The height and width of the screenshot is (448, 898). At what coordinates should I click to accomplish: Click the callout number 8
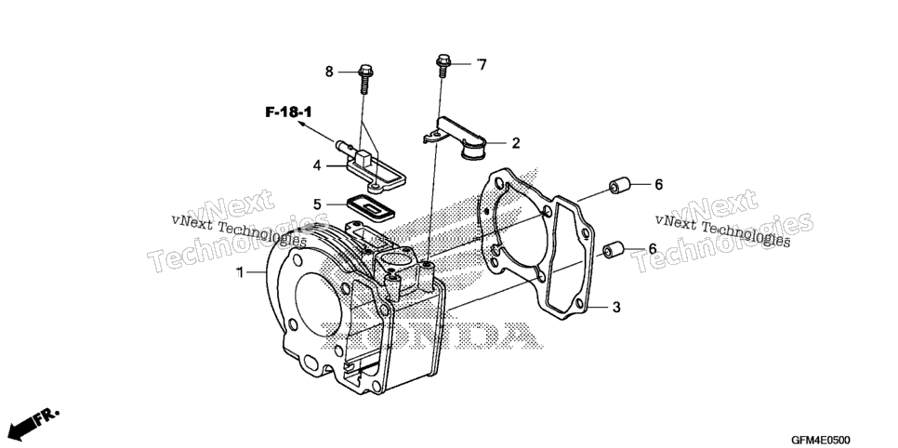(329, 72)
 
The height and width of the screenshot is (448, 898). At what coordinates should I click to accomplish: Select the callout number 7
(482, 65)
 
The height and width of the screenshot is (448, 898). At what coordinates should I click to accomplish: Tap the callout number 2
(515, 143)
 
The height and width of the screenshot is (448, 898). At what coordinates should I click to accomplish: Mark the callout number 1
(240, 272)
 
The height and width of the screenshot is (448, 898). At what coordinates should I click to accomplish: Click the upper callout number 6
(658, 184)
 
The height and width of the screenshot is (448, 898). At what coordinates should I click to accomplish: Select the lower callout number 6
(652, 249)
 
